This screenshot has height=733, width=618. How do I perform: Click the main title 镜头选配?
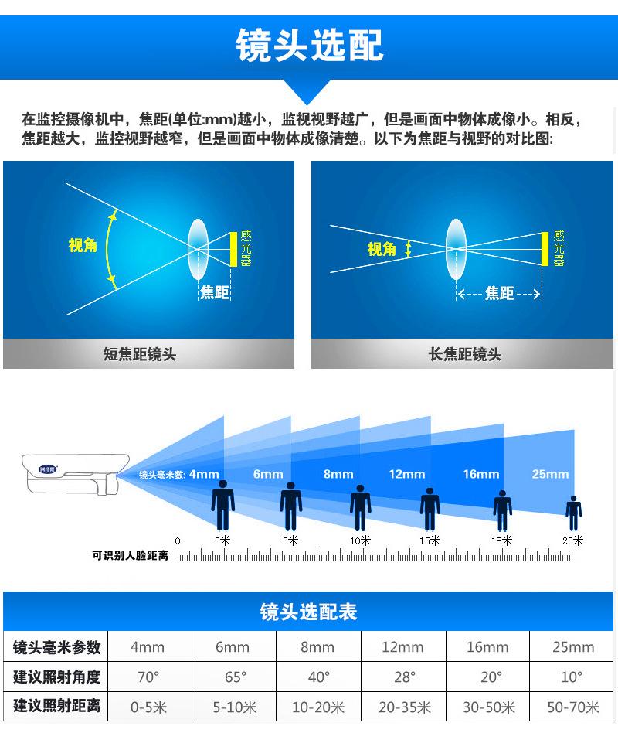coord(309,46)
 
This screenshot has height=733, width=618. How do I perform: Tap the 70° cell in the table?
coord(148,677)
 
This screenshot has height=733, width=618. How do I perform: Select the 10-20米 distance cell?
coord(318,707)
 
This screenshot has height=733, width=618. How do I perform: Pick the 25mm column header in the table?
coord(573,647)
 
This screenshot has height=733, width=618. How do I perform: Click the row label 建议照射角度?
coord(56,677)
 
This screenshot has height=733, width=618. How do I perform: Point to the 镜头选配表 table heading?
coord(308,612)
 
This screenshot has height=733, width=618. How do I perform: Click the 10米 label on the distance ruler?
coord(360,541)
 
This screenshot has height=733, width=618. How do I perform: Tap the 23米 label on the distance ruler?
coord(572,541)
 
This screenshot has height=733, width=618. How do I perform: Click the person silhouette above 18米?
coord(503,511)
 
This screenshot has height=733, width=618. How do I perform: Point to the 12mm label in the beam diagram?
coord(407,474)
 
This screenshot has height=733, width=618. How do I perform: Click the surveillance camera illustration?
coord(75,474)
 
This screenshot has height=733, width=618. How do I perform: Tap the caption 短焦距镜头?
coord(140,354)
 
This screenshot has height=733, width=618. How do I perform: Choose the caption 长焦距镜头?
coord(465,354)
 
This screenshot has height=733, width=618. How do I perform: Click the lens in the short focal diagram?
coord(198,249)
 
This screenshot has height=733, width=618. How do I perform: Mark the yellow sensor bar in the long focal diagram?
coord(545,249)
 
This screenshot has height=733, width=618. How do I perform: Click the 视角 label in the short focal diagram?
coord(83,245)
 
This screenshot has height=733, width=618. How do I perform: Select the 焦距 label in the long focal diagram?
coord(499,293)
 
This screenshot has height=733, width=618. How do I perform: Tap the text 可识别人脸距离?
coord(130,555)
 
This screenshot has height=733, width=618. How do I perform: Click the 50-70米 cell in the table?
coord(572,707)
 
